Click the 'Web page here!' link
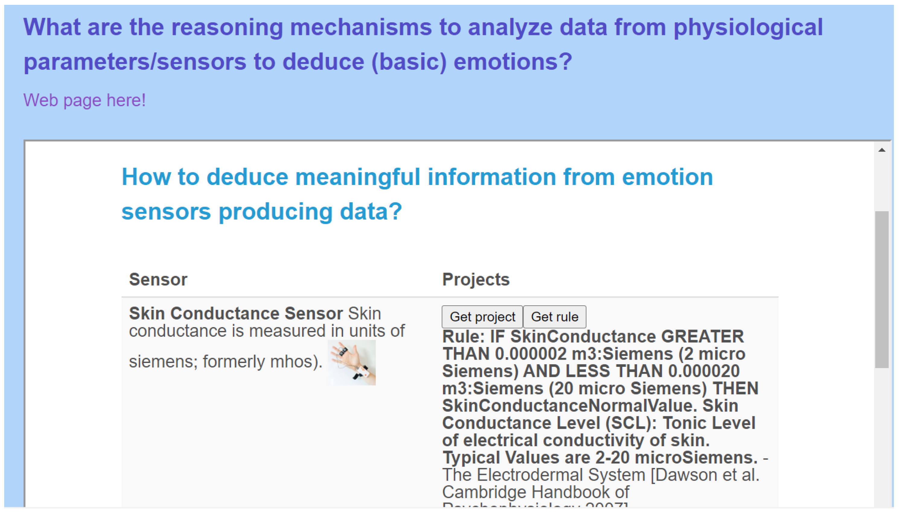(x=84, y=100)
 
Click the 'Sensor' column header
(x=158, y=280)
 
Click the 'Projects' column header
(x=476, y=280)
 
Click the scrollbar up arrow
(x=881, y=150)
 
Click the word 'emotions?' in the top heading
(x=513, y=62)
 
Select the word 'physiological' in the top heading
(x=748, y=27)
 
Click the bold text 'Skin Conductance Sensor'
(x=236, y=313)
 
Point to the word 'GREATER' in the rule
(x=702, y=336)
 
